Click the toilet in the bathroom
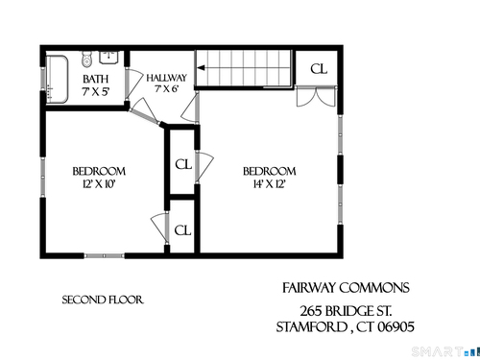(x=86, y=59)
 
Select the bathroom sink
(x=109, y=57)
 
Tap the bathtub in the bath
(x=58, y=80)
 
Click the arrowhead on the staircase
(x=202, y=68)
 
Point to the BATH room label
(x=96, y=79)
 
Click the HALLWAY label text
(x=166, y=78)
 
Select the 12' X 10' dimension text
(x=99, y=184)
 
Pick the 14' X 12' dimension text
(x=269, y=184)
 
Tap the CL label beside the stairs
(x=319, y=69)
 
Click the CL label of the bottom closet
(x=182, y=230)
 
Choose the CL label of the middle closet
(x=183, y=164)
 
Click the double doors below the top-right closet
(x=316, y=96)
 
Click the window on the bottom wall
(x=104, y=255)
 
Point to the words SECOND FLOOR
(x=103, y=300)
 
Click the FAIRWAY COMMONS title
(x=346, y=288)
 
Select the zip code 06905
(x=396, y=327)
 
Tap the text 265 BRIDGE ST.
(x=346, y=311)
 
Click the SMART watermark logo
(x=445, y=351)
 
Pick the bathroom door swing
(x=133, y=84)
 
